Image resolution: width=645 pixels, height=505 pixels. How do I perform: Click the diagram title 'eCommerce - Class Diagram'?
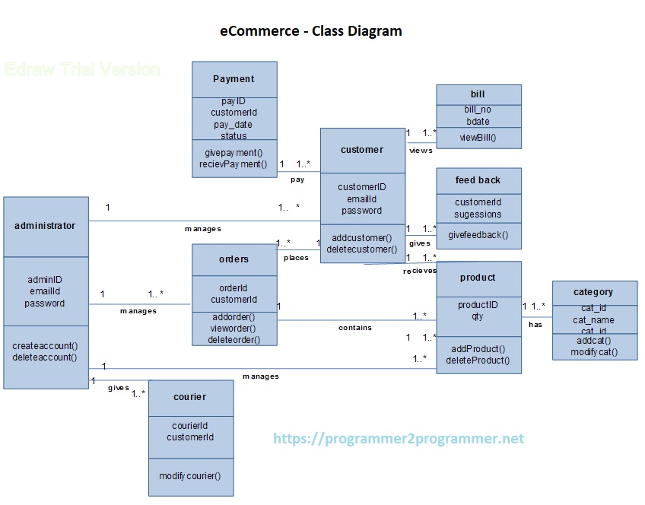pos(310,31)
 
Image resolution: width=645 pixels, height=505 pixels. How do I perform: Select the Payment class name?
pos(234,79)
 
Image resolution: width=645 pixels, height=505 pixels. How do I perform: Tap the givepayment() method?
pos(234,152)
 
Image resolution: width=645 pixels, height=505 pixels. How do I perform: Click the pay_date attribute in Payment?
pos(234,124)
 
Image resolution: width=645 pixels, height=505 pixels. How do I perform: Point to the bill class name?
pos(478,94)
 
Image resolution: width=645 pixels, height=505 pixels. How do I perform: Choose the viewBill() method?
pos(478,138)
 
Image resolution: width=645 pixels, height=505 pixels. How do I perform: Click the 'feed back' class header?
pos(478,180)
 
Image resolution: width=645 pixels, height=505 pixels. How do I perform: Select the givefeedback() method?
pos(478,235)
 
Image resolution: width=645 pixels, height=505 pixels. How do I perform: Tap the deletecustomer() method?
pos(362,249)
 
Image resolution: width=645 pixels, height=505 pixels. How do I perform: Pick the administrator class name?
pos(45,225)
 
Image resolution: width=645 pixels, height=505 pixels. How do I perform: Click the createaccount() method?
pos(45,345)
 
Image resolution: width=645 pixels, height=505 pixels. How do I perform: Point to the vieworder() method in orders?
pos(234,328)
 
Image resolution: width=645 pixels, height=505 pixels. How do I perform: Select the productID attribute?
pos(478,305)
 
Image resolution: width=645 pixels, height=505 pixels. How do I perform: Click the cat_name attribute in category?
pos(593,320)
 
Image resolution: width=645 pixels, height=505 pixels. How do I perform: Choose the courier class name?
pos(190,396)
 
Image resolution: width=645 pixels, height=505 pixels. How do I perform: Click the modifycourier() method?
pos(190,476)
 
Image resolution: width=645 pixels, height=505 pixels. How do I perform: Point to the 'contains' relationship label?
pos(355,328)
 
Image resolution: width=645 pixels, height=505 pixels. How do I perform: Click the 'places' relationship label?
pos(296,258)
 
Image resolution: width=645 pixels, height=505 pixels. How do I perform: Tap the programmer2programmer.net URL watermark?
pos(399,439)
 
